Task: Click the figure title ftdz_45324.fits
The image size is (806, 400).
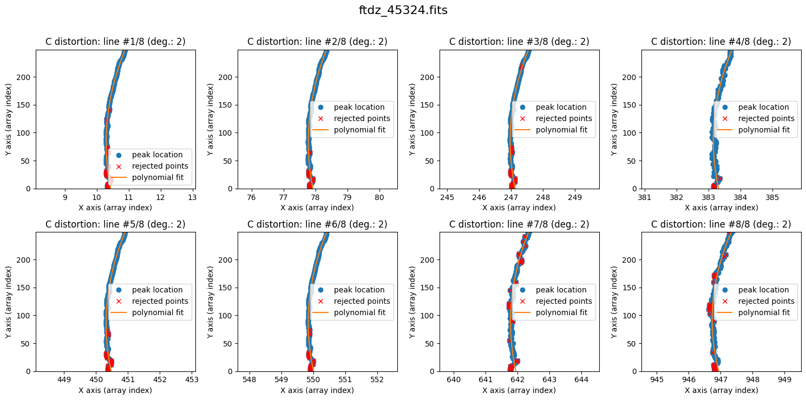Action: pos(403,10)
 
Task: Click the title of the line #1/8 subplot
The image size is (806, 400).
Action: pos(115,42)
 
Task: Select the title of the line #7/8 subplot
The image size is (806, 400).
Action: pos(519,224)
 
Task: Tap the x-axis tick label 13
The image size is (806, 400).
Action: pos(192,198)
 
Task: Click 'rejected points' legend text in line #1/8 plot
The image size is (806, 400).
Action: pos(160,166)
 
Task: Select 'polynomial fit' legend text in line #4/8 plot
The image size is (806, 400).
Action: pos(764,130)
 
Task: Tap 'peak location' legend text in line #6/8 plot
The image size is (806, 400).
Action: pos(359,290)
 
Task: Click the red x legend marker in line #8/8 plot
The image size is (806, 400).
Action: pos(724,301)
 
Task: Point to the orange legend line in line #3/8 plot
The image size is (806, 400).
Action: pos(522,130)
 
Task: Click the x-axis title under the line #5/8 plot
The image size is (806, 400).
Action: pos(115,390)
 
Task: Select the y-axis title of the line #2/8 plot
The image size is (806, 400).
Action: pos(211,119)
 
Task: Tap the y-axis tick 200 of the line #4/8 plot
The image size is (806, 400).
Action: pos(629,77)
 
